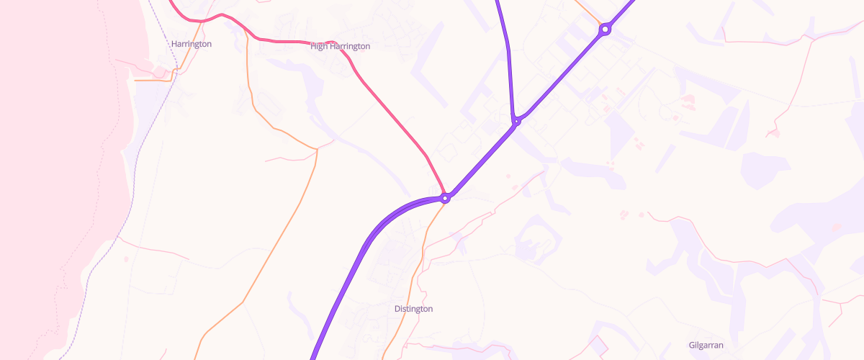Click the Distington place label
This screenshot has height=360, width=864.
[x=413, y=309]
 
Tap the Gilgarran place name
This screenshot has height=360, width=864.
[x=711, y=346]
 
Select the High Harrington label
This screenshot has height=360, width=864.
[x=340, y=46]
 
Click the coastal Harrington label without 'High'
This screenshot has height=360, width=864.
[x=192, y=44]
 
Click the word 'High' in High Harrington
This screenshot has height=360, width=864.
[x=319, y=46]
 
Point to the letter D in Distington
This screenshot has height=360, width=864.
[x=397, y=309]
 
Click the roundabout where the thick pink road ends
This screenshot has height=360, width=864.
[x=446, y=197]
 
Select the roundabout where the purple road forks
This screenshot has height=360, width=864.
[x=516, y=121]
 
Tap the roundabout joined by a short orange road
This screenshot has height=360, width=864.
[x=605, y=30]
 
